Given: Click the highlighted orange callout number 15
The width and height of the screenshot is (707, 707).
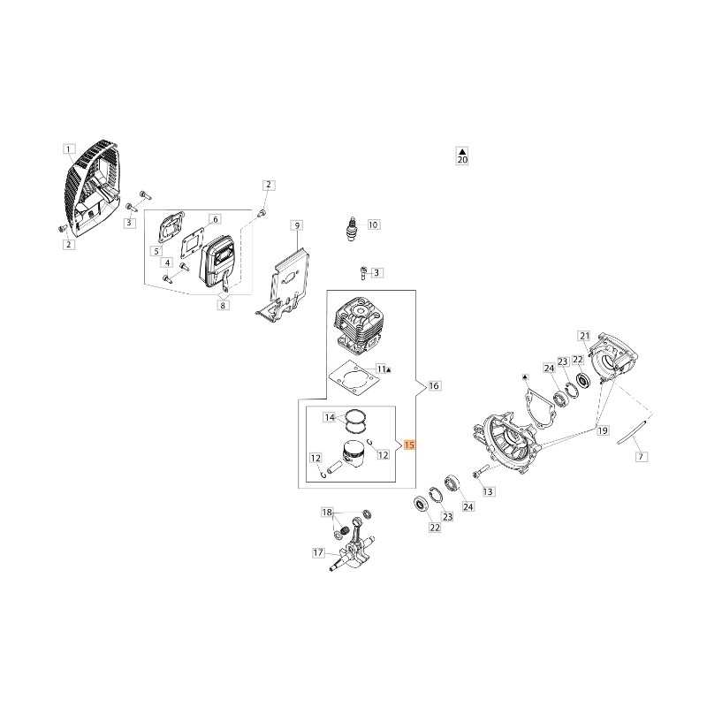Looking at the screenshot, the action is point(409,445).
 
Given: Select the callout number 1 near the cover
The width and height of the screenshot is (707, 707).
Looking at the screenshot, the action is point(69,149).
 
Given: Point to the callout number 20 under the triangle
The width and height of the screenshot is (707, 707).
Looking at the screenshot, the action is point(462,160).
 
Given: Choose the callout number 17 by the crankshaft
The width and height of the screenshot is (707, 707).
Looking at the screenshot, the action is point(318,552).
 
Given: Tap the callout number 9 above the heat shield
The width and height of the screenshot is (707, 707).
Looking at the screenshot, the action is point(297,225).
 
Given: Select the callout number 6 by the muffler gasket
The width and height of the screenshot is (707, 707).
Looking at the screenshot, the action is point(215,219).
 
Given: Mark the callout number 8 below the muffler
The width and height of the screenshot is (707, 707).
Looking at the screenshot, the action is point(223,305).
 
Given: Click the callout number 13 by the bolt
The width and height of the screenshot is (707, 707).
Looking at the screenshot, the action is point(488,491).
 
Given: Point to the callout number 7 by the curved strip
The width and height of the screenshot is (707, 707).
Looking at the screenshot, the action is point(642,457).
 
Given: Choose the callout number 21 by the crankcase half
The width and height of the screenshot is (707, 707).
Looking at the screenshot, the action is point(584,336).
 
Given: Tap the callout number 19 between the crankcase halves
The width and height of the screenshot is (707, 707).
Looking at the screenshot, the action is point(603,430).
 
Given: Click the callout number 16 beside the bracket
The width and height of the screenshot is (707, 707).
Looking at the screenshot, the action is point(434,385).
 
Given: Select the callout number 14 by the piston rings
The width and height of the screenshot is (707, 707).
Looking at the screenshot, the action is point(330,417).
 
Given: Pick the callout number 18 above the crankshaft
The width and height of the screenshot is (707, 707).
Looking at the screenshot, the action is point(327,513).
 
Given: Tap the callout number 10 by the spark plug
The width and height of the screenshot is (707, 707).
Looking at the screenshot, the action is point(373,224).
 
